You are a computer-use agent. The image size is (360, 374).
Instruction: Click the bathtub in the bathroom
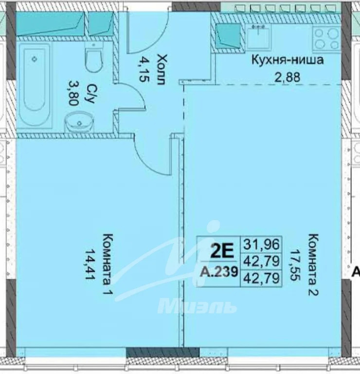pyautogui.click(x=35, y=85)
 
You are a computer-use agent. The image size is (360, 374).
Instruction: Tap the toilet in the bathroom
pyautogui.click(x=92, y=58)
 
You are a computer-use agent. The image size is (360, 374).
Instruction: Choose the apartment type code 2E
pyautogui.click(x=221, y=251)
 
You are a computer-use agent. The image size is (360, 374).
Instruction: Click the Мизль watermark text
pyautogui.click(x=197, y=307)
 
